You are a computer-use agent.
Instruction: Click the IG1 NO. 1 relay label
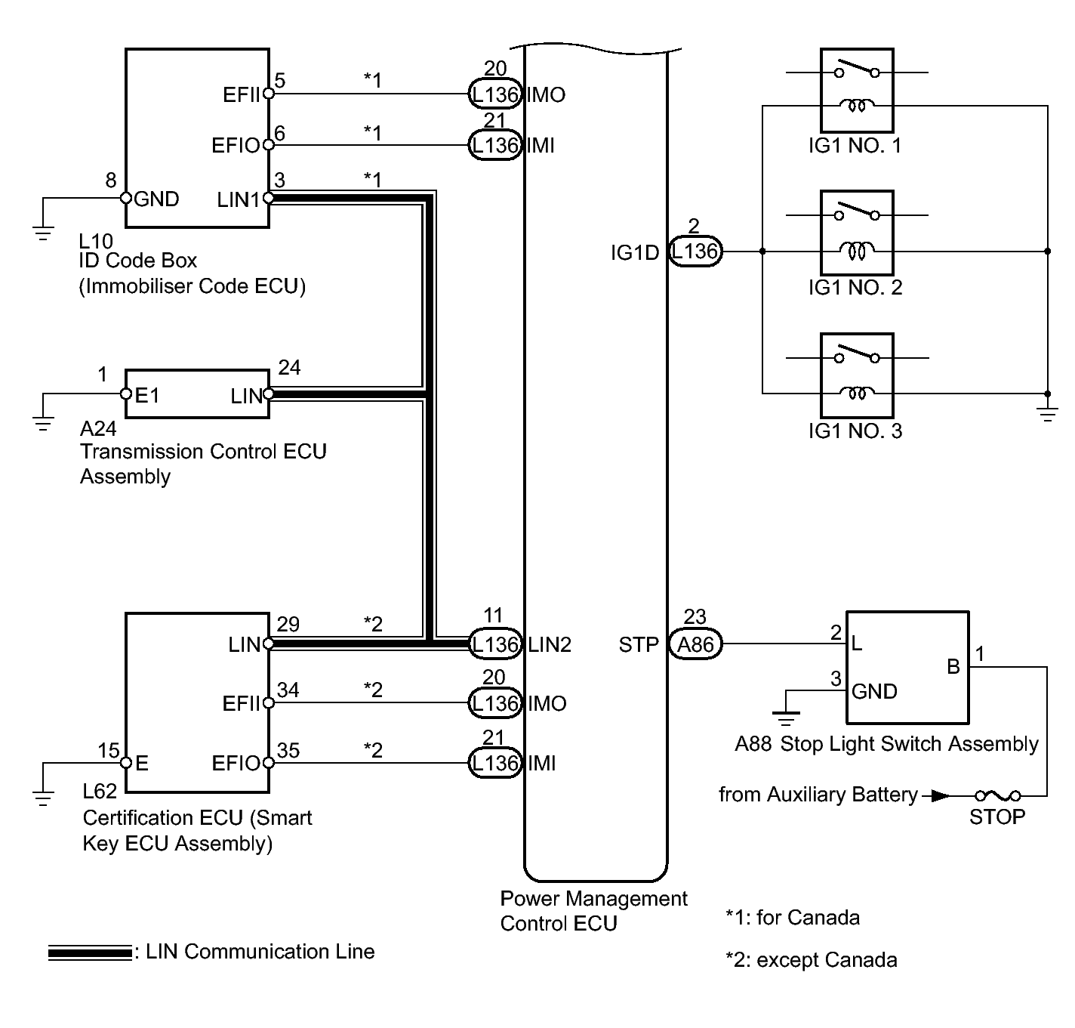pyautogui.click(x=855, y=145)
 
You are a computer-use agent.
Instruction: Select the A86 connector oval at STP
pyautogui.click(x=695, y=644)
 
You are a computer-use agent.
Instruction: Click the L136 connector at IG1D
pyautogui.click(x=695, y=251)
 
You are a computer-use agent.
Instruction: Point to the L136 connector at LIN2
pyautogui.click(x=494, y=644)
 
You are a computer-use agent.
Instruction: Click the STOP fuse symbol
pyautogui.click(x=996, y=795)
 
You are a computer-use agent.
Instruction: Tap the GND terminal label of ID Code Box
pyautogui.click(x=156, y=199)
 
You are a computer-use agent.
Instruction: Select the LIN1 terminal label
pyautogui.click(x=238, y=199)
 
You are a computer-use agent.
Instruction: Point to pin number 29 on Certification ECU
pyautogui.click(x=288, y=625)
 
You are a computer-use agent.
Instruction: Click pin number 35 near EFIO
pyautogui.click(x=288, y=751)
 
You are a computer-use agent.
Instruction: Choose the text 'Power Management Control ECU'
pyautogui.click(x=593, y=911)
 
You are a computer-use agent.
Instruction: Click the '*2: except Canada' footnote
pyautogui.click(x=811, y=960)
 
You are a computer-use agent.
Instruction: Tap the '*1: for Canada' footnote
pyautogui.click(x=792, y=918)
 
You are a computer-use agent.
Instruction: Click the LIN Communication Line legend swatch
pyautogui.click(x=90, y=953)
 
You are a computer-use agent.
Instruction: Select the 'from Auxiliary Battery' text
pyautogui.click(x=818, y=795)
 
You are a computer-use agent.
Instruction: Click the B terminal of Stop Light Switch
pyautogui.click(x=953, y=666)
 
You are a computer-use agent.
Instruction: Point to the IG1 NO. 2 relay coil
pyautogui.click(x=857, y=250)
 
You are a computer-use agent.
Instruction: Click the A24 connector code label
pyautogui.click(x=98, y=429)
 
